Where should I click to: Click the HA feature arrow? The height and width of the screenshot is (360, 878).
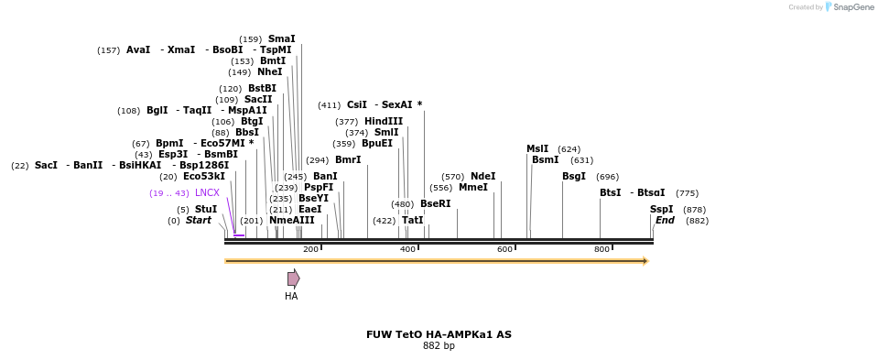293,278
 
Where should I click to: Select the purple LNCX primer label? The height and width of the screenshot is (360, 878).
207,192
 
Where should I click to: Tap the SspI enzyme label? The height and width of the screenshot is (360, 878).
661,209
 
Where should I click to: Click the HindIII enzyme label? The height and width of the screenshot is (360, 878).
383,121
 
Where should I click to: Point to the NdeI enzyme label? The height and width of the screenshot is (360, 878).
482,176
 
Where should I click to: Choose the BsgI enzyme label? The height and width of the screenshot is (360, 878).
574,176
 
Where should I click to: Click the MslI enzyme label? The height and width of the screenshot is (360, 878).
537,148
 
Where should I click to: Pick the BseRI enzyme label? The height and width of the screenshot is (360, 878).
435,203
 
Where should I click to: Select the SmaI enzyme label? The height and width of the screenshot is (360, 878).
281,38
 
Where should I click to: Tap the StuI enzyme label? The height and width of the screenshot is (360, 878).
206,209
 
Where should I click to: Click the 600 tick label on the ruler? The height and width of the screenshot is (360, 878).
504,249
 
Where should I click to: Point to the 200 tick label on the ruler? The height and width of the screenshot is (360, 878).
310,249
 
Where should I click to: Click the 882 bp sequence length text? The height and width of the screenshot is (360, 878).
439,345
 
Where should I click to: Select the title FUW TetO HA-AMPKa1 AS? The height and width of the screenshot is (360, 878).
439,334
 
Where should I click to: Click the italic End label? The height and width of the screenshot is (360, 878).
665,220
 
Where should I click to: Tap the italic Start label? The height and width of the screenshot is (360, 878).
198,220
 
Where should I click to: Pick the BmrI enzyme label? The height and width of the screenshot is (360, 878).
348,159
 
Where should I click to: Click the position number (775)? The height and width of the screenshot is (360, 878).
687,192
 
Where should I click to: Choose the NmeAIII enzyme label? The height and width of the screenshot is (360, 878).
291,220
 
